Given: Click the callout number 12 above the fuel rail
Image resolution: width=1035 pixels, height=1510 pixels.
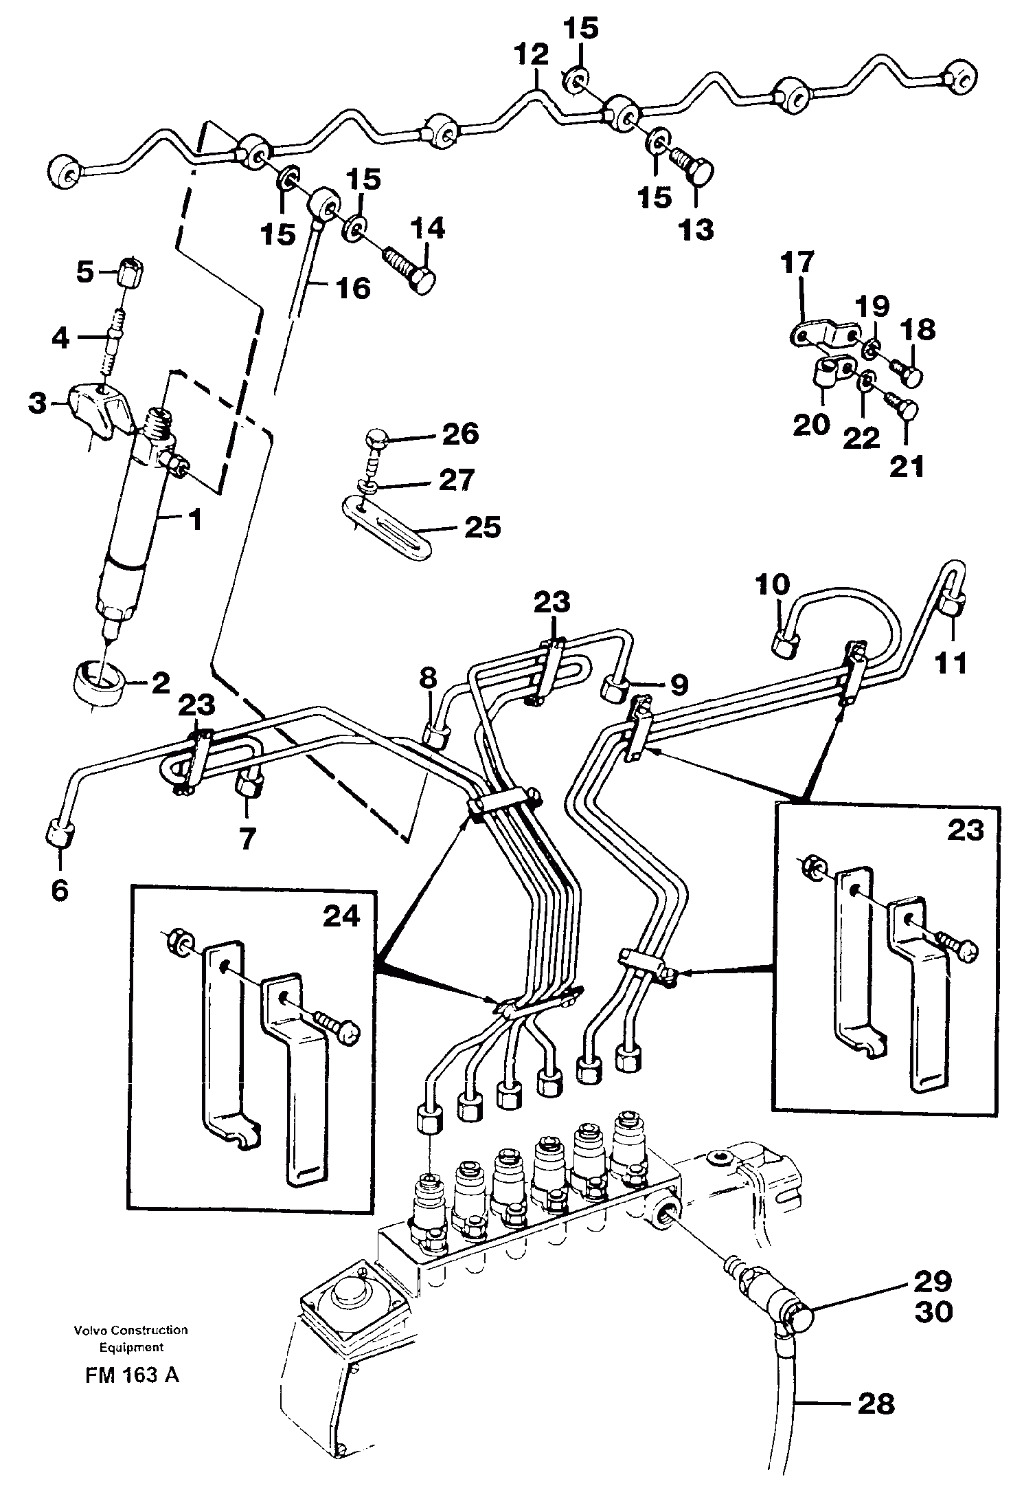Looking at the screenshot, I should (x=534, y=54).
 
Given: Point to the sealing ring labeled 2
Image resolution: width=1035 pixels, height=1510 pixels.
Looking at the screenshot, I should (x=98, y=680).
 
